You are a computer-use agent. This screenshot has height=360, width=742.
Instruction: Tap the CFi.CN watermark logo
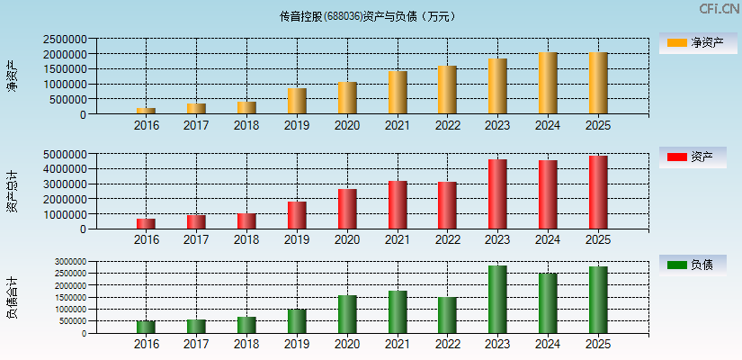click(x=719, y=9)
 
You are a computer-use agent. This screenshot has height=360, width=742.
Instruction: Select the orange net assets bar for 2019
click(x=297, y=101)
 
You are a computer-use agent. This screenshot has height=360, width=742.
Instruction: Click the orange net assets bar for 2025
click(x=598, y=83)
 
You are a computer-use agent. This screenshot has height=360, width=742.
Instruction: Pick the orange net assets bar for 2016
click(x=146, y=111)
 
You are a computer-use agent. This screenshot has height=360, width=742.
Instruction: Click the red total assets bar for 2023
click(x=497, y=194)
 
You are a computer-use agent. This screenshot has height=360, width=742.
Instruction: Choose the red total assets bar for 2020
click(x=347, y=209)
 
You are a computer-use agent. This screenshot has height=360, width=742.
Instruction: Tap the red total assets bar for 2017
click(x=196, y=221)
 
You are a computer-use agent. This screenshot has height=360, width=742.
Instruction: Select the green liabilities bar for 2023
click(x=497, y=300)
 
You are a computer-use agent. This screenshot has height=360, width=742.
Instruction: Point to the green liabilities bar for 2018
click(x=246, y=325)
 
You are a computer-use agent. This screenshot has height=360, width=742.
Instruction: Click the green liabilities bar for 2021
click(x=398, y=312)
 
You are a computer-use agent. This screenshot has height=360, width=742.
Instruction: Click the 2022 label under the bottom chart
click(x=447, y=344)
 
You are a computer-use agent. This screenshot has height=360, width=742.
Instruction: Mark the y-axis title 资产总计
click(x=12, y=191)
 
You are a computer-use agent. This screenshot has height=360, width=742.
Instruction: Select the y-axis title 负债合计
click(x=12, y=298)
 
